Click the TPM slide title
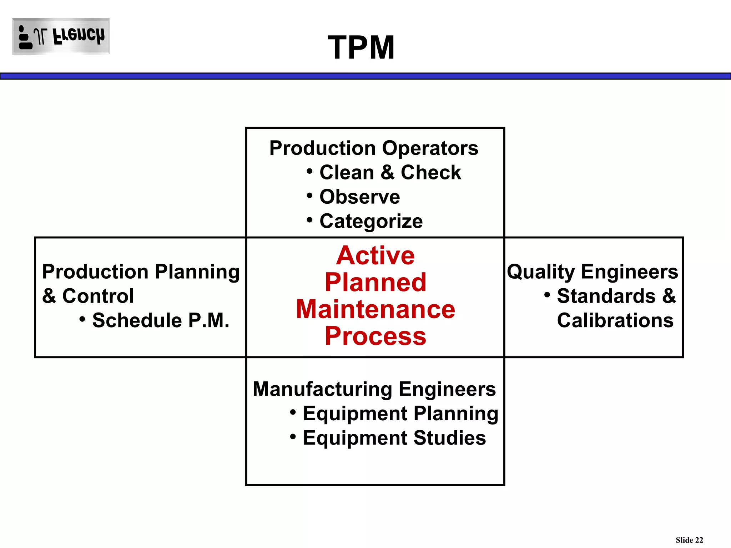361,47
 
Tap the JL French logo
61,36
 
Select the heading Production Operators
373,148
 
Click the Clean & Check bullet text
390,173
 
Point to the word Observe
359,197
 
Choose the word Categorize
371,221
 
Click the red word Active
375,255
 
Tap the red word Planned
375,282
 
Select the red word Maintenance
375,309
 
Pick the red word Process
375,336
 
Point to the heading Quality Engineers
592,272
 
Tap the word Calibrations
615,320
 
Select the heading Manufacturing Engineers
374,389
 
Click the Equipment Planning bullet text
400,413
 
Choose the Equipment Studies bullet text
394,438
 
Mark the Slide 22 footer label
689,540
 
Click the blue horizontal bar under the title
365,76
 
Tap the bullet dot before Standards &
547,295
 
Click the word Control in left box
98,296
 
